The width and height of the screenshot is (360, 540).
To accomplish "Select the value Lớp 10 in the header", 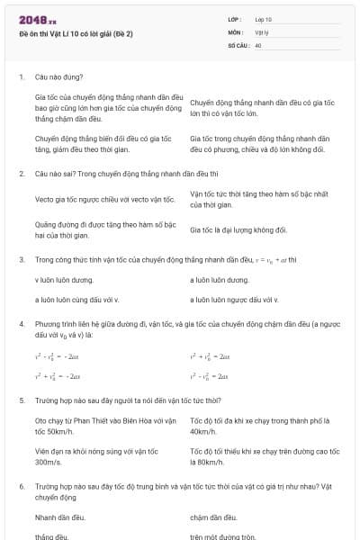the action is pyautogui.click(x=263, y=20).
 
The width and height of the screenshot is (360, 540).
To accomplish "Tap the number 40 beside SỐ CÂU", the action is pyautogui.click(x=257, y=43).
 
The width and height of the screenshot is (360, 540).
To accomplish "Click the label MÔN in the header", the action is pyautogui.click(x=236, y=31).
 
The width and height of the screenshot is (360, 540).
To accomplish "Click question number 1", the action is pyautogui.click(x=21, y=77).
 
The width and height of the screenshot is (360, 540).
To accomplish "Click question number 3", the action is pyautogui.click(x=21, y=259).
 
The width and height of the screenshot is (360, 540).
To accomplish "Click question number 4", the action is pyautogui.click(x=21, y=321).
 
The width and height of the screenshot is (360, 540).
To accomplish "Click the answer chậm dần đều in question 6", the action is pyautogui.click(x=213, y=517).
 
